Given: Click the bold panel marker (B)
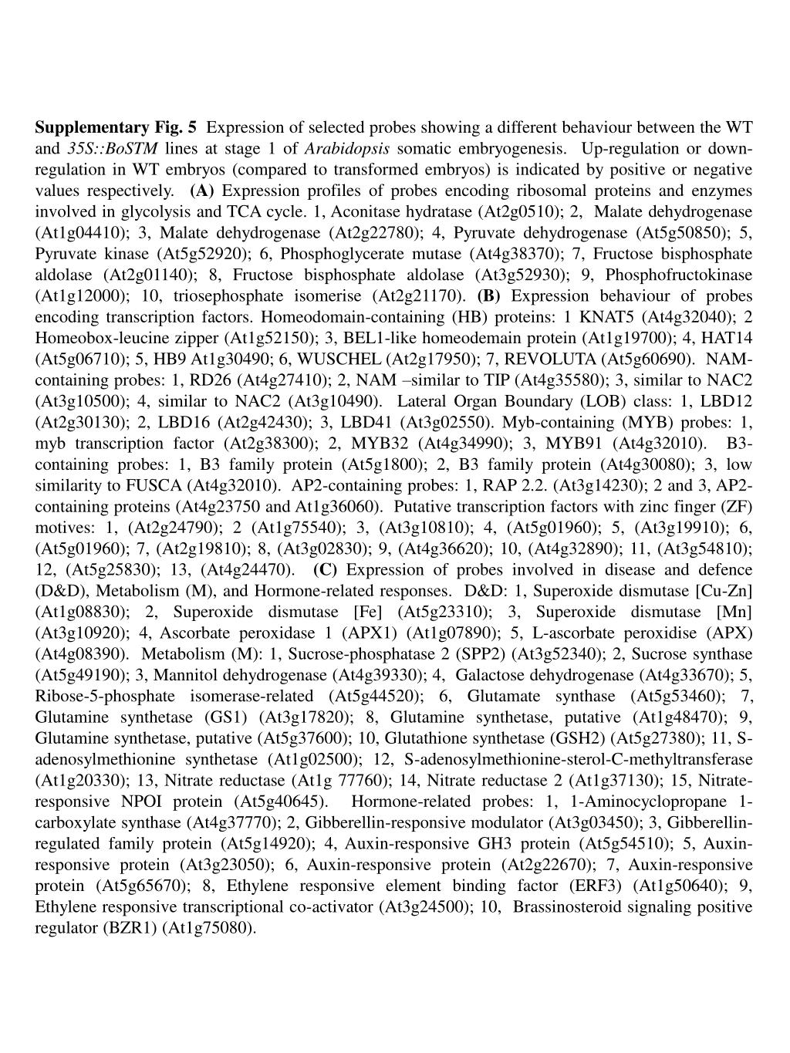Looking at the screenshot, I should [489, 295].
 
